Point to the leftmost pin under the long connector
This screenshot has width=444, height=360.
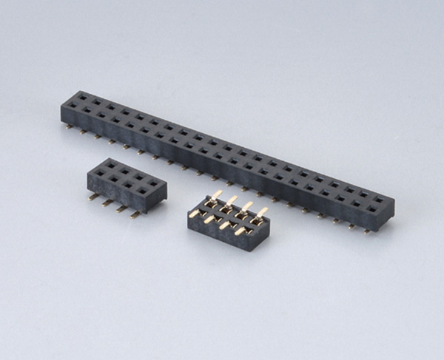[69, 127]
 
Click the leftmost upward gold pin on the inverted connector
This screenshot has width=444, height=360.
[215, 197]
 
